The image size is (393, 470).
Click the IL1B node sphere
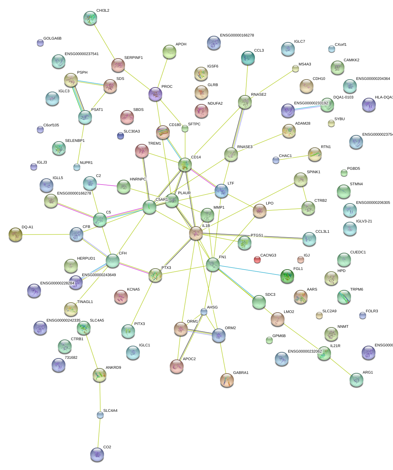pyautogui.click(x=196, y=233)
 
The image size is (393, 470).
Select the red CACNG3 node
pyautogui.click(x=257, y=259)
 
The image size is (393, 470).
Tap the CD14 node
pyautogui.click(x=185, y=165)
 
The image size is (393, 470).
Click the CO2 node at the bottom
pyautogui.click(x=97, y=454)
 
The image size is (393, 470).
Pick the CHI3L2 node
pyautogui.click(x=90, y=18)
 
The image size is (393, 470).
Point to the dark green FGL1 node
pyautogui.click(x=287, y=276)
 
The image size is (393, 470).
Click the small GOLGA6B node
pyautogui.click(x=40, y=43)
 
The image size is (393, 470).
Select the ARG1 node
pyautogui.click(x=356, y=380)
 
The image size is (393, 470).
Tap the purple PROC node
pyautogui.click(x=155, y=94)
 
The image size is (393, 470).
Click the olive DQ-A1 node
pyautogui.click(x=15, y=234)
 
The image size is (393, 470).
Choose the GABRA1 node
pyautogui.click(x=227, y=380)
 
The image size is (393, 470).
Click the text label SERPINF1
pyautogui.click(x=133, y=58)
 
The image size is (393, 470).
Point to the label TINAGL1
pyautogui.click(x=85, y=302)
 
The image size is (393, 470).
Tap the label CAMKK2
pyautogui.click(x=351, y=60)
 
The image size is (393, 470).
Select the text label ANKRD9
pyautogui.click(x=113, y=367)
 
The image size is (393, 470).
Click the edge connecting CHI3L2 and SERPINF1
pyautogui.click(x=104, y=42)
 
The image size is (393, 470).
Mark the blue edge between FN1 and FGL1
pyautogui.click(x=250, y=270)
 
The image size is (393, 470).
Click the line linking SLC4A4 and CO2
pyautogui.click(x=99, y=434)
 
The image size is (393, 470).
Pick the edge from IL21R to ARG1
pyautogui.click(x=340, y=367)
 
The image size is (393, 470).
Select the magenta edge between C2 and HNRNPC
pyautogui.click(x=107, y=185)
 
